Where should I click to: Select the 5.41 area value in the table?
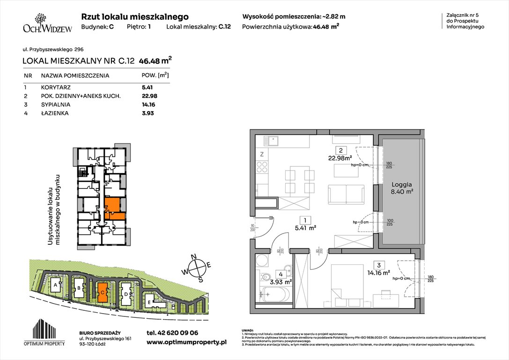click(148, 87)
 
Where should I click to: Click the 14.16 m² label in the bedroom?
click(379, 272)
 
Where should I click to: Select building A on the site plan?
click(56, 285)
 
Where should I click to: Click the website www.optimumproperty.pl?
click(186, 343)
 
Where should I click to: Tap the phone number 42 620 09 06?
click(172, 333)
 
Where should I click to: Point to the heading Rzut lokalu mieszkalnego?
click(135, 16)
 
